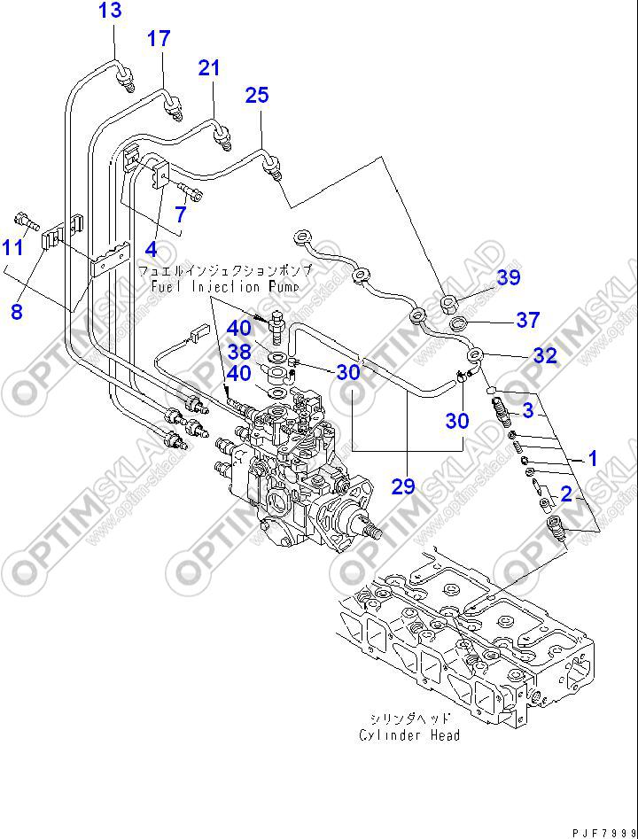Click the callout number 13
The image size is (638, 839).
click(x=110, y=12)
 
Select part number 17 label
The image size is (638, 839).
click(x=158, y=38)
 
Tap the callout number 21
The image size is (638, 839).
click(x=208, y=66)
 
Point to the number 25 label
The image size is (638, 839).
click(x=256, y=95)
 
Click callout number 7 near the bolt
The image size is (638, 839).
click(x=180, y=214)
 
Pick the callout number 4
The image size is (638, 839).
click(x=152, y=249)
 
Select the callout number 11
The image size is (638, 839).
click(x=12, y=247)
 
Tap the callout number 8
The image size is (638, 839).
click(x=17, y=311)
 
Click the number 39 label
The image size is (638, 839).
click(x=508, y=278)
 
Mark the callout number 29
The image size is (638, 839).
click(x=403, y=486)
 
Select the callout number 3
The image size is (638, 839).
click(x=527, y=410)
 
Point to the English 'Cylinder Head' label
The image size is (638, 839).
click(x=409, y=734)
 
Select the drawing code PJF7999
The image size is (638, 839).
click(x=603, y=832)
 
